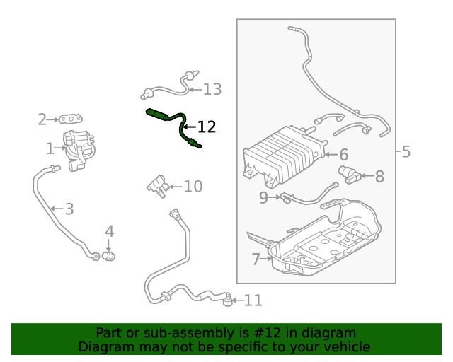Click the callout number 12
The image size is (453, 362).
tap(206, 127)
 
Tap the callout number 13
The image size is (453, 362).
tap(212, 89)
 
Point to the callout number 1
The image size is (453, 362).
tap(50, 148)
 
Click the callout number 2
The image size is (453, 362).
tap(42, 119)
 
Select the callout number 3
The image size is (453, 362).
tap(69, 209)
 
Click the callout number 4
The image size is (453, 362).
tap(109, 231)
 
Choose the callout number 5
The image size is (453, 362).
tap(406, 152)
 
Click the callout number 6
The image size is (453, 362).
tap(343, 155)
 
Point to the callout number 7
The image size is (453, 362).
tap(256, 259)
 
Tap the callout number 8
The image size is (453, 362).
tap(379, 176)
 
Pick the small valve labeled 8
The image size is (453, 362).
tap(348, 174)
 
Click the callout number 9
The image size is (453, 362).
tap(263, 198)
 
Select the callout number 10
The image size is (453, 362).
tap(193, 187)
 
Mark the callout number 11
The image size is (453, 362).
tap(253, 301)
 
